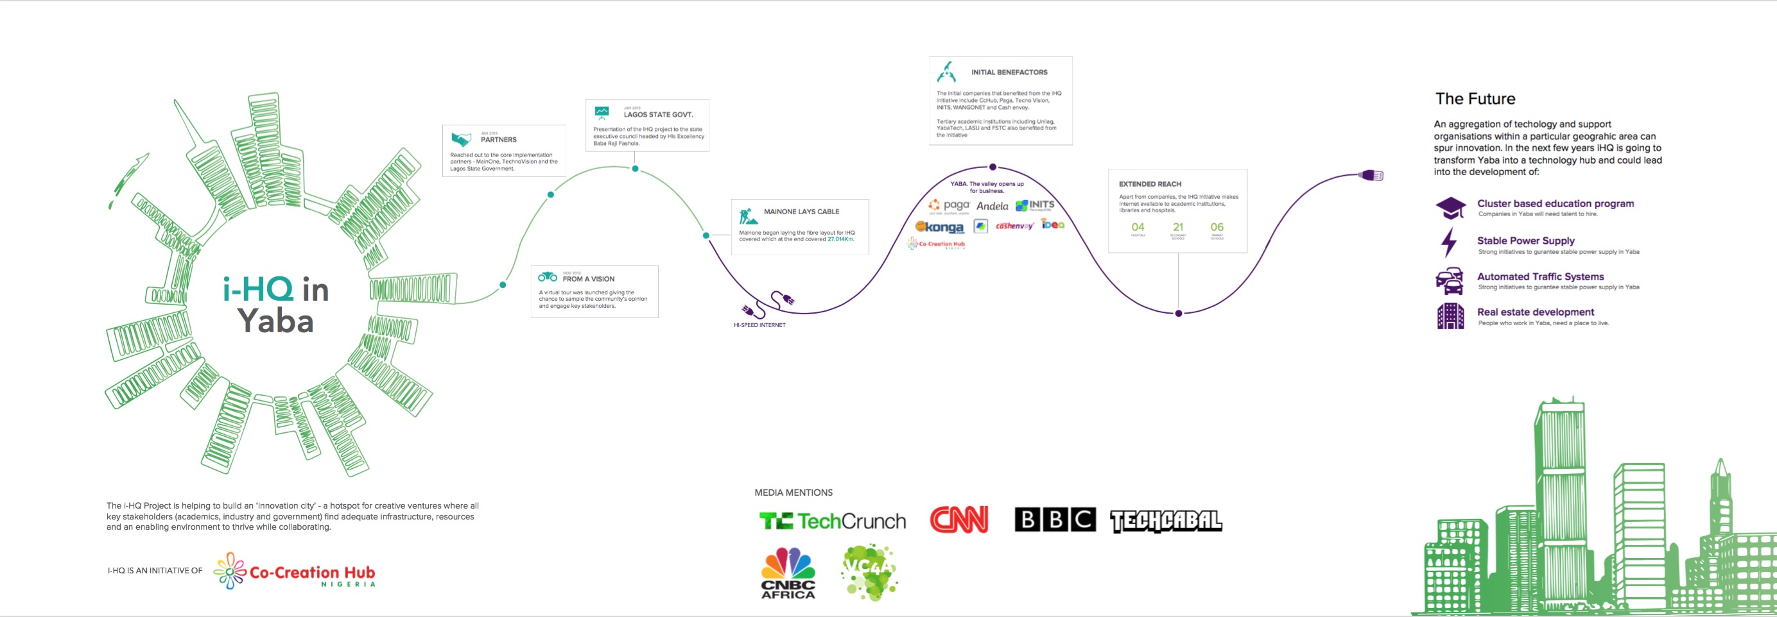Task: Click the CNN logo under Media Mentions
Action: point(959,520)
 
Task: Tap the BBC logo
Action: point(1055,520)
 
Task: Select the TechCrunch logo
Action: point(833,521)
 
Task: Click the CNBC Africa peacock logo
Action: point(788,572)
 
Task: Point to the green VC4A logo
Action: point(869,571)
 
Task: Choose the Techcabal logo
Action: point(1166,521)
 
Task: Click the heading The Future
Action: point(1475,99)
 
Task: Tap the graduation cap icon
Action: point(1450,207)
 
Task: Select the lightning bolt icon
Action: point(1449,242)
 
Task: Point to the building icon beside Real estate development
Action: point(1450,316)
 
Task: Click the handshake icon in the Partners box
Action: point(461,139)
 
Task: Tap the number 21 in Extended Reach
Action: point(1178,227)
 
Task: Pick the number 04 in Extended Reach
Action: point(1138,227)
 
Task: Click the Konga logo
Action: point(940,227)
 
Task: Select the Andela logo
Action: point(992,206)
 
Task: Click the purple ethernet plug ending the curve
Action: point(1371,176)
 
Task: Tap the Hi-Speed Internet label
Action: point(759,325)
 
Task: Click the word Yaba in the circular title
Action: point(275,321)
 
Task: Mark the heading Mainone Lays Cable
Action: point(801,212)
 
